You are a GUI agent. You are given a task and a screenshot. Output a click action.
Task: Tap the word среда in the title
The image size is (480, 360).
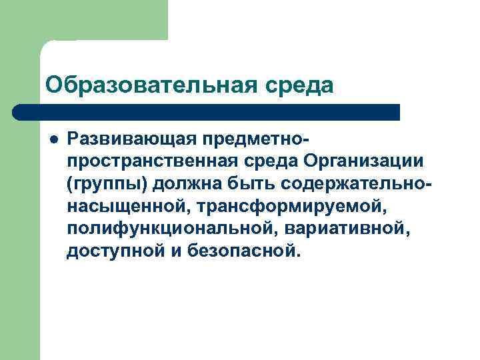(x=298, y=85)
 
